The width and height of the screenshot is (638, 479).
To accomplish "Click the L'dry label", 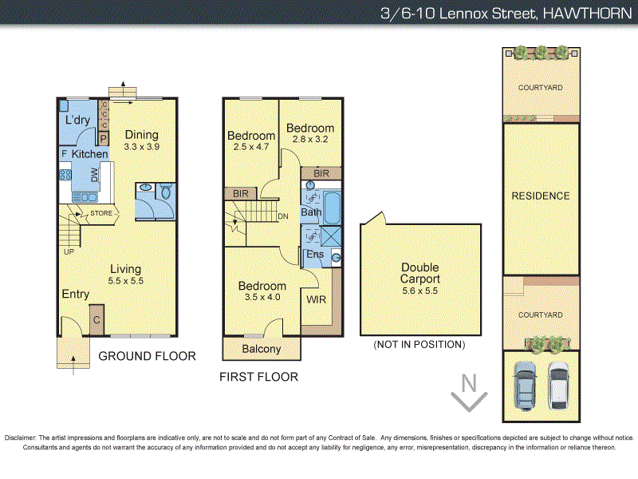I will (77, 120).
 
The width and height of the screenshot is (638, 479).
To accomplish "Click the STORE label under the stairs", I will (101, 213).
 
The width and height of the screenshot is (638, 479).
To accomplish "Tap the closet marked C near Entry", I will (96, 319).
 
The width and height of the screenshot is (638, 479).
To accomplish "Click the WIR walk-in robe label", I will (316, 301).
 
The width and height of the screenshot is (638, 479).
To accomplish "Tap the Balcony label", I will (262, 349).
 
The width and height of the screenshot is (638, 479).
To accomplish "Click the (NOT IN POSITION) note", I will (419, 345).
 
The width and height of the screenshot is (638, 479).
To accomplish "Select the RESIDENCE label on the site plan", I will (541, 196).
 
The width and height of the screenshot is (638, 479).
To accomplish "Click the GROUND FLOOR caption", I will (147, 356).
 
